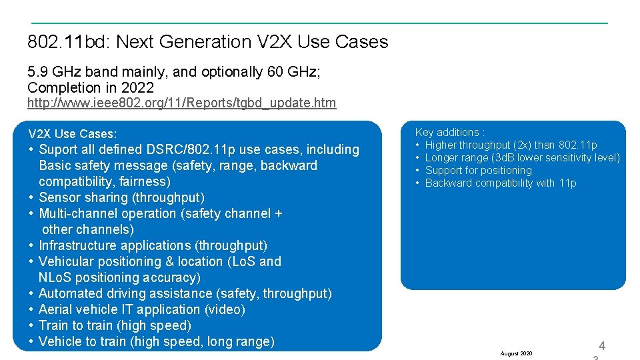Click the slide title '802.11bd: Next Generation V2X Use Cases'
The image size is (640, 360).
[207, 42]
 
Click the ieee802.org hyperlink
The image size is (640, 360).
[181, 103]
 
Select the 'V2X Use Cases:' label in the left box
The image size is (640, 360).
[73, 134]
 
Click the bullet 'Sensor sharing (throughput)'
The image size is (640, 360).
[121, 197]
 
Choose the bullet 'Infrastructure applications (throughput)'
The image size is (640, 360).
[153, 245]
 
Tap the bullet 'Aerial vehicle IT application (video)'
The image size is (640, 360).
[142, 309]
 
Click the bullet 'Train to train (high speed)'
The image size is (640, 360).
[115, 325]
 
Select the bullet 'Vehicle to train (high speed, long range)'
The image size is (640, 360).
[156, 341]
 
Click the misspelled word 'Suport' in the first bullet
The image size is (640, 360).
[58, 149]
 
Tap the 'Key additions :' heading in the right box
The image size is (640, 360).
[450, 132]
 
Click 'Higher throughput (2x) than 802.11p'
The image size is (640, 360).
[511, 145]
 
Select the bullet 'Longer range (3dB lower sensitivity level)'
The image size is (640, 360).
[522, 157]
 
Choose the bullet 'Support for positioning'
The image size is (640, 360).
[478, 170]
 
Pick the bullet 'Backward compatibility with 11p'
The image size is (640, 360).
[500, 183]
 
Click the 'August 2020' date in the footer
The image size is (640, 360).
[516, 353]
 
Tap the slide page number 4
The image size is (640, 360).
[602, 345]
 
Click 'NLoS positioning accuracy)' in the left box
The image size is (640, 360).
[119, 277]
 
